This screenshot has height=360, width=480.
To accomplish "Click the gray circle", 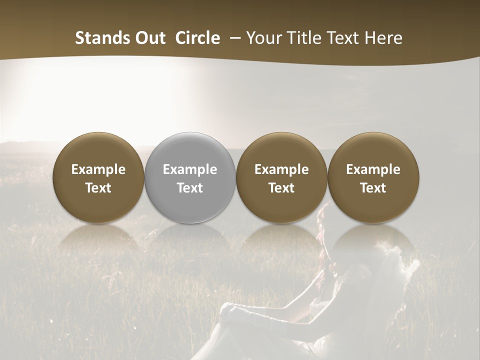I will tap(190, 150).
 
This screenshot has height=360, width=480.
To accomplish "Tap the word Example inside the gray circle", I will tap(190, 169).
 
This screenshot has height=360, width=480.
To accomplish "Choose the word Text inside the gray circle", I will tap(190, 188).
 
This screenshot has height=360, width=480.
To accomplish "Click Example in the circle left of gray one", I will tap(98, 169).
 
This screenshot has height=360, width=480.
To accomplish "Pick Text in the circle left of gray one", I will tap(98, 188).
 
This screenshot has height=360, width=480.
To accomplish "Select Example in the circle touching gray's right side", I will tap(281, 169).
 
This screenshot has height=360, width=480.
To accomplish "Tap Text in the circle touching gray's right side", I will tap(281, 188).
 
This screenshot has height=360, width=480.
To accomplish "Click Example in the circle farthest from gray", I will tap(373, 169).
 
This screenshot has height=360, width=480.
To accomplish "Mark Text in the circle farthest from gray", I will tap(373, 188).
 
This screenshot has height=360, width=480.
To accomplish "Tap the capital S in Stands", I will tap(79, 38).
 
